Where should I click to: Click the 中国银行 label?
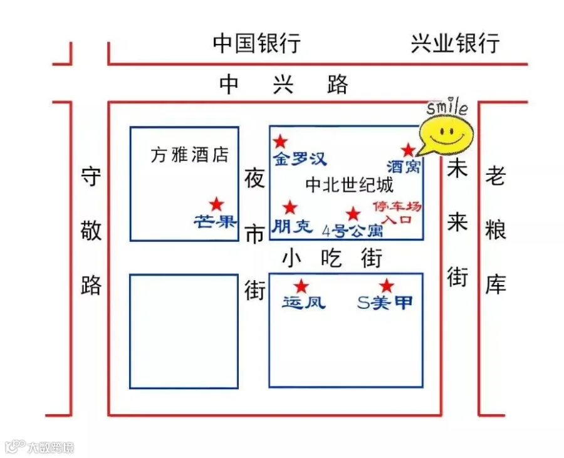click(x=257, y=44)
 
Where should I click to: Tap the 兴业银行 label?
click(x=456, y=44)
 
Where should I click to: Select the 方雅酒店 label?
click(x=190, y=155)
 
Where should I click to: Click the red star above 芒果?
click(x=216, y=204)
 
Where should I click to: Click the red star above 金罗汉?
click(x=281, y=142)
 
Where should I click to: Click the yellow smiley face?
click(x=446, y=133)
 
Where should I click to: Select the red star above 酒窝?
click(x=408, y=150)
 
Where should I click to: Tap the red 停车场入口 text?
click(x=397, y=213)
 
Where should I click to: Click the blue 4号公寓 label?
click(x=352, y=231)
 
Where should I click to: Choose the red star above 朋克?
click(x=290, y=207)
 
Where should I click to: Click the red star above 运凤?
click(x=302, y=286)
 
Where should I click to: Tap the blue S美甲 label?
click(x=385, y=303)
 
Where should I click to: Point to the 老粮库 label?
click(x=496, y=232)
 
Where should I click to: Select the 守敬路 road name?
click(x=91, y=232)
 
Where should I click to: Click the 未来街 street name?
click(x=457, y=222)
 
